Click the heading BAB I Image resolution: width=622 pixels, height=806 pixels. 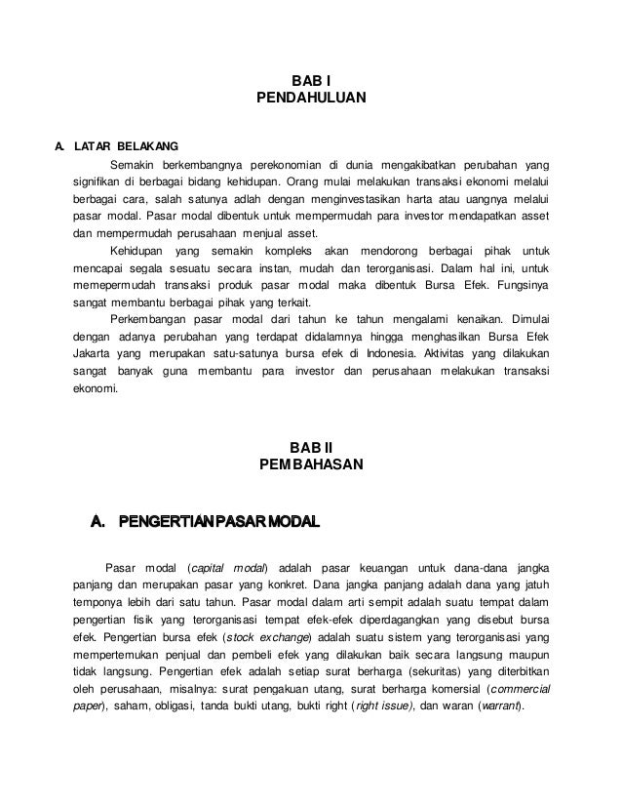310,81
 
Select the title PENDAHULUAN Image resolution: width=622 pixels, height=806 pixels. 310,99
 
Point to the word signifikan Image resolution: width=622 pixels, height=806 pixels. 99,181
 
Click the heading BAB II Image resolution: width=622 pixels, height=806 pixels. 310,449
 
